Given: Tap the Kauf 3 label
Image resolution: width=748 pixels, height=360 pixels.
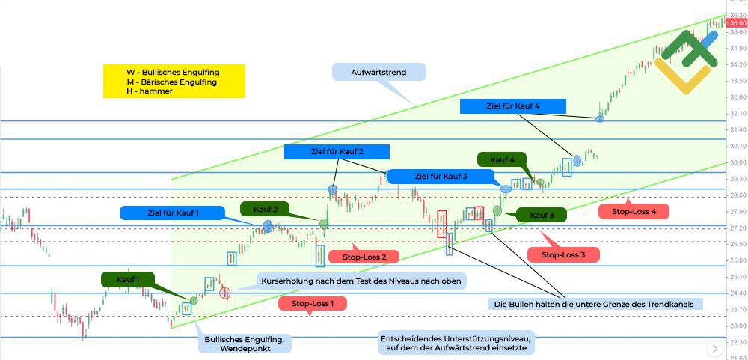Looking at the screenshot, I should pos(542,215).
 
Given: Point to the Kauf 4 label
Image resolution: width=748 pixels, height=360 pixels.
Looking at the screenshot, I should pos(502,160).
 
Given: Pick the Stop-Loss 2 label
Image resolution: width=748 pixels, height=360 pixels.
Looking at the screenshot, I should pos(365,257).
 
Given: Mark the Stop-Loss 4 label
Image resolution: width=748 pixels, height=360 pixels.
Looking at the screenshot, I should pos(634,212).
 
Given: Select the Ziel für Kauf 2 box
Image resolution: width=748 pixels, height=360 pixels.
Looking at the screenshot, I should pos(337,152).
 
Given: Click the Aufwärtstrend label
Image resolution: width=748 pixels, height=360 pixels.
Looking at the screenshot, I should pos(378,73).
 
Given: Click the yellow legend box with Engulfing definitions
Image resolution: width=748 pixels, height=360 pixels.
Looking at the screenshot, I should pos(174,81).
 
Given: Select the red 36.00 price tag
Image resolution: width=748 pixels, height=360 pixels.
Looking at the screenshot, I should pos(738,23).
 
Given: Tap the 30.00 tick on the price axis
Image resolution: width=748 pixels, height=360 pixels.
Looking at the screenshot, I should pos(738,162).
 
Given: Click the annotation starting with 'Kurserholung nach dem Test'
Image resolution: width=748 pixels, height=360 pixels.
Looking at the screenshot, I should pos(362,281).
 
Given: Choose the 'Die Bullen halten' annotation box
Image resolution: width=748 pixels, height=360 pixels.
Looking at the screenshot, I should pos(595,304).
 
